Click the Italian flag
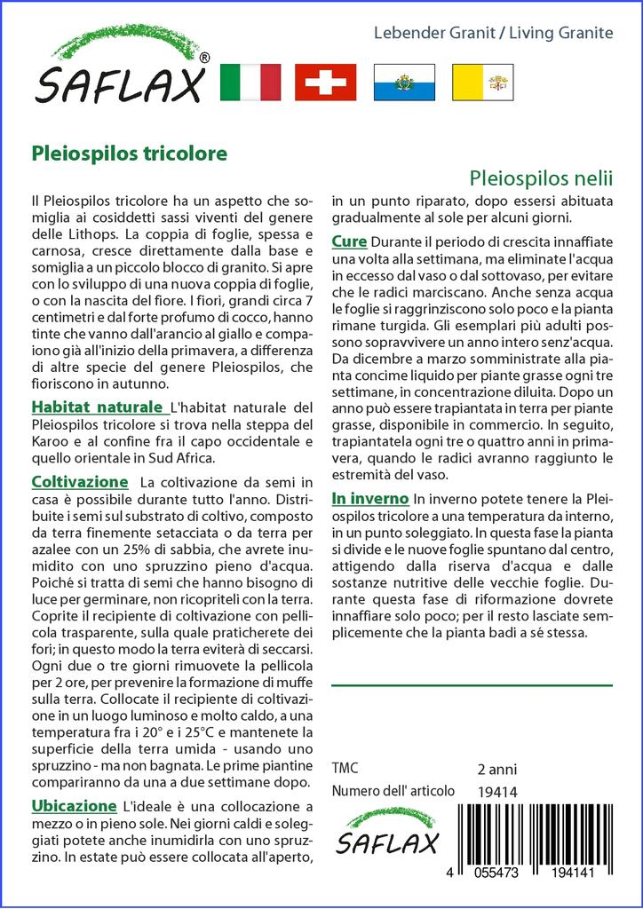(250, 83)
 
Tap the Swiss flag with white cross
(325, 83)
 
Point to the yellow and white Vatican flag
(481, 83)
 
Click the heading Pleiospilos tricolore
(130, 152)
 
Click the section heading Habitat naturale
(99, 407)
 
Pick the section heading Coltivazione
(79, 482)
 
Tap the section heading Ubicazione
(74, 806)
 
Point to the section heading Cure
(349, 241)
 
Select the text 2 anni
(496, 769)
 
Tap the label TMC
(346, 769)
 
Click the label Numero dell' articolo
(393, 791)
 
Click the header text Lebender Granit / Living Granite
(492, 33)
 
